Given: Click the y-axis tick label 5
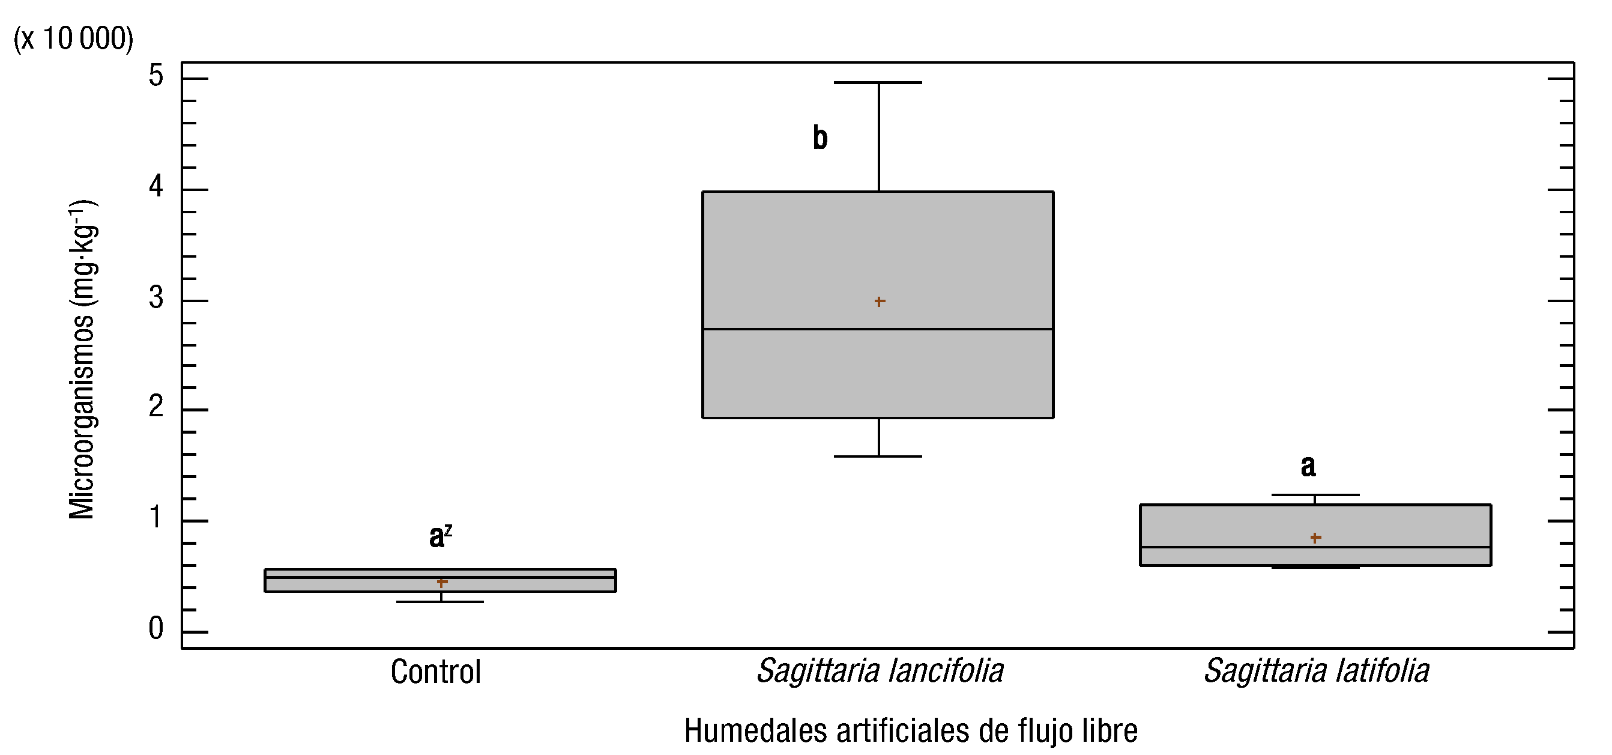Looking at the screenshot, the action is click(156, 76).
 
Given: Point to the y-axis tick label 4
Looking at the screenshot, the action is click(156, 187).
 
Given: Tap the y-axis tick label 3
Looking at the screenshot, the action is click(156, 298).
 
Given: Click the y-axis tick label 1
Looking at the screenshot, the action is click(156, 518).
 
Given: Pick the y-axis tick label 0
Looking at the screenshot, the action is click(156, 628).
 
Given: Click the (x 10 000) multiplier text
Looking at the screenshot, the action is click(73, 39).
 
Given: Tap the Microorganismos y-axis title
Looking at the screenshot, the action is click(82, 359).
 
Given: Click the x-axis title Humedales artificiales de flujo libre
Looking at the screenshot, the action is click(911, 730).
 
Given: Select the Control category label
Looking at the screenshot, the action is click(435, 672).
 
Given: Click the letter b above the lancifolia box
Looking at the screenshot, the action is click(820, 138).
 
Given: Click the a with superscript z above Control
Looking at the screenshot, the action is click(440, 536).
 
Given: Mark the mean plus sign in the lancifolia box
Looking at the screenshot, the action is click(879, 302).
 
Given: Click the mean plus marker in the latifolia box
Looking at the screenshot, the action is click(1315, 538).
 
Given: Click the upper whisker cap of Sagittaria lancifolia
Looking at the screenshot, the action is click(878, 83).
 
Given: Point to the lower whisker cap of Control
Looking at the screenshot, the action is click(441, 602).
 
